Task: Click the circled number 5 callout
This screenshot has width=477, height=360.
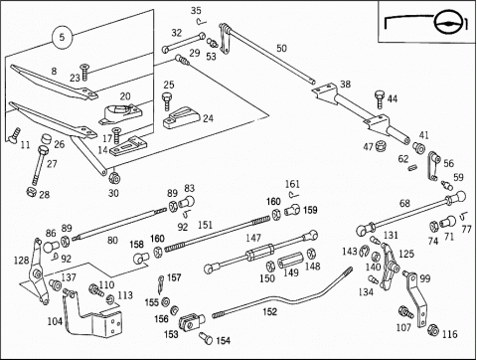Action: [x=62, y=37]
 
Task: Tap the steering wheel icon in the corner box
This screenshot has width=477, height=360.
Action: [x=447, y=23]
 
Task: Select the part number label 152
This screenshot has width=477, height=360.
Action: [x=269, y=312]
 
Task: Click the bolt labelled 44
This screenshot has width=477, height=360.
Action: [x=380, y=99]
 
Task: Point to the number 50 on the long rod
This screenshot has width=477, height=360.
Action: [x=281, y=49]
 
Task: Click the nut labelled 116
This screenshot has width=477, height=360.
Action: [x=433, y=330]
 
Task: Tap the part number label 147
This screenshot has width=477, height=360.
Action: [x=253, y=238]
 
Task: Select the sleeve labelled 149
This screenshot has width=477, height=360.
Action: [x=290, y=260]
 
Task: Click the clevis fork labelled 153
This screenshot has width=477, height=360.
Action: [x=191, y=322]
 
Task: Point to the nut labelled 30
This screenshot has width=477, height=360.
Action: [x=114, y=178]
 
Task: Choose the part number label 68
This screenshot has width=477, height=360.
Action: [x=404, y=203]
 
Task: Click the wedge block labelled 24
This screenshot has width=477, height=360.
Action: [x=182, y=117]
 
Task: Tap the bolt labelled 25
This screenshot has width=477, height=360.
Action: [x=167, y=100]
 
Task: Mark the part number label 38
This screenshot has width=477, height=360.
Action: [x=345, y=85]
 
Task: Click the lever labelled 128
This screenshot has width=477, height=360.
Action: [x=38, y=271]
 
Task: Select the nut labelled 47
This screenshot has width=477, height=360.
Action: [x=381, y=145]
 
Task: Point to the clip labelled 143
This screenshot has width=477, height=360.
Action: [x=364, y=251]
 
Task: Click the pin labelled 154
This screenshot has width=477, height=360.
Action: [x=206, y=338]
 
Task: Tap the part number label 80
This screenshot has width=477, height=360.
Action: [x=112, y=240]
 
